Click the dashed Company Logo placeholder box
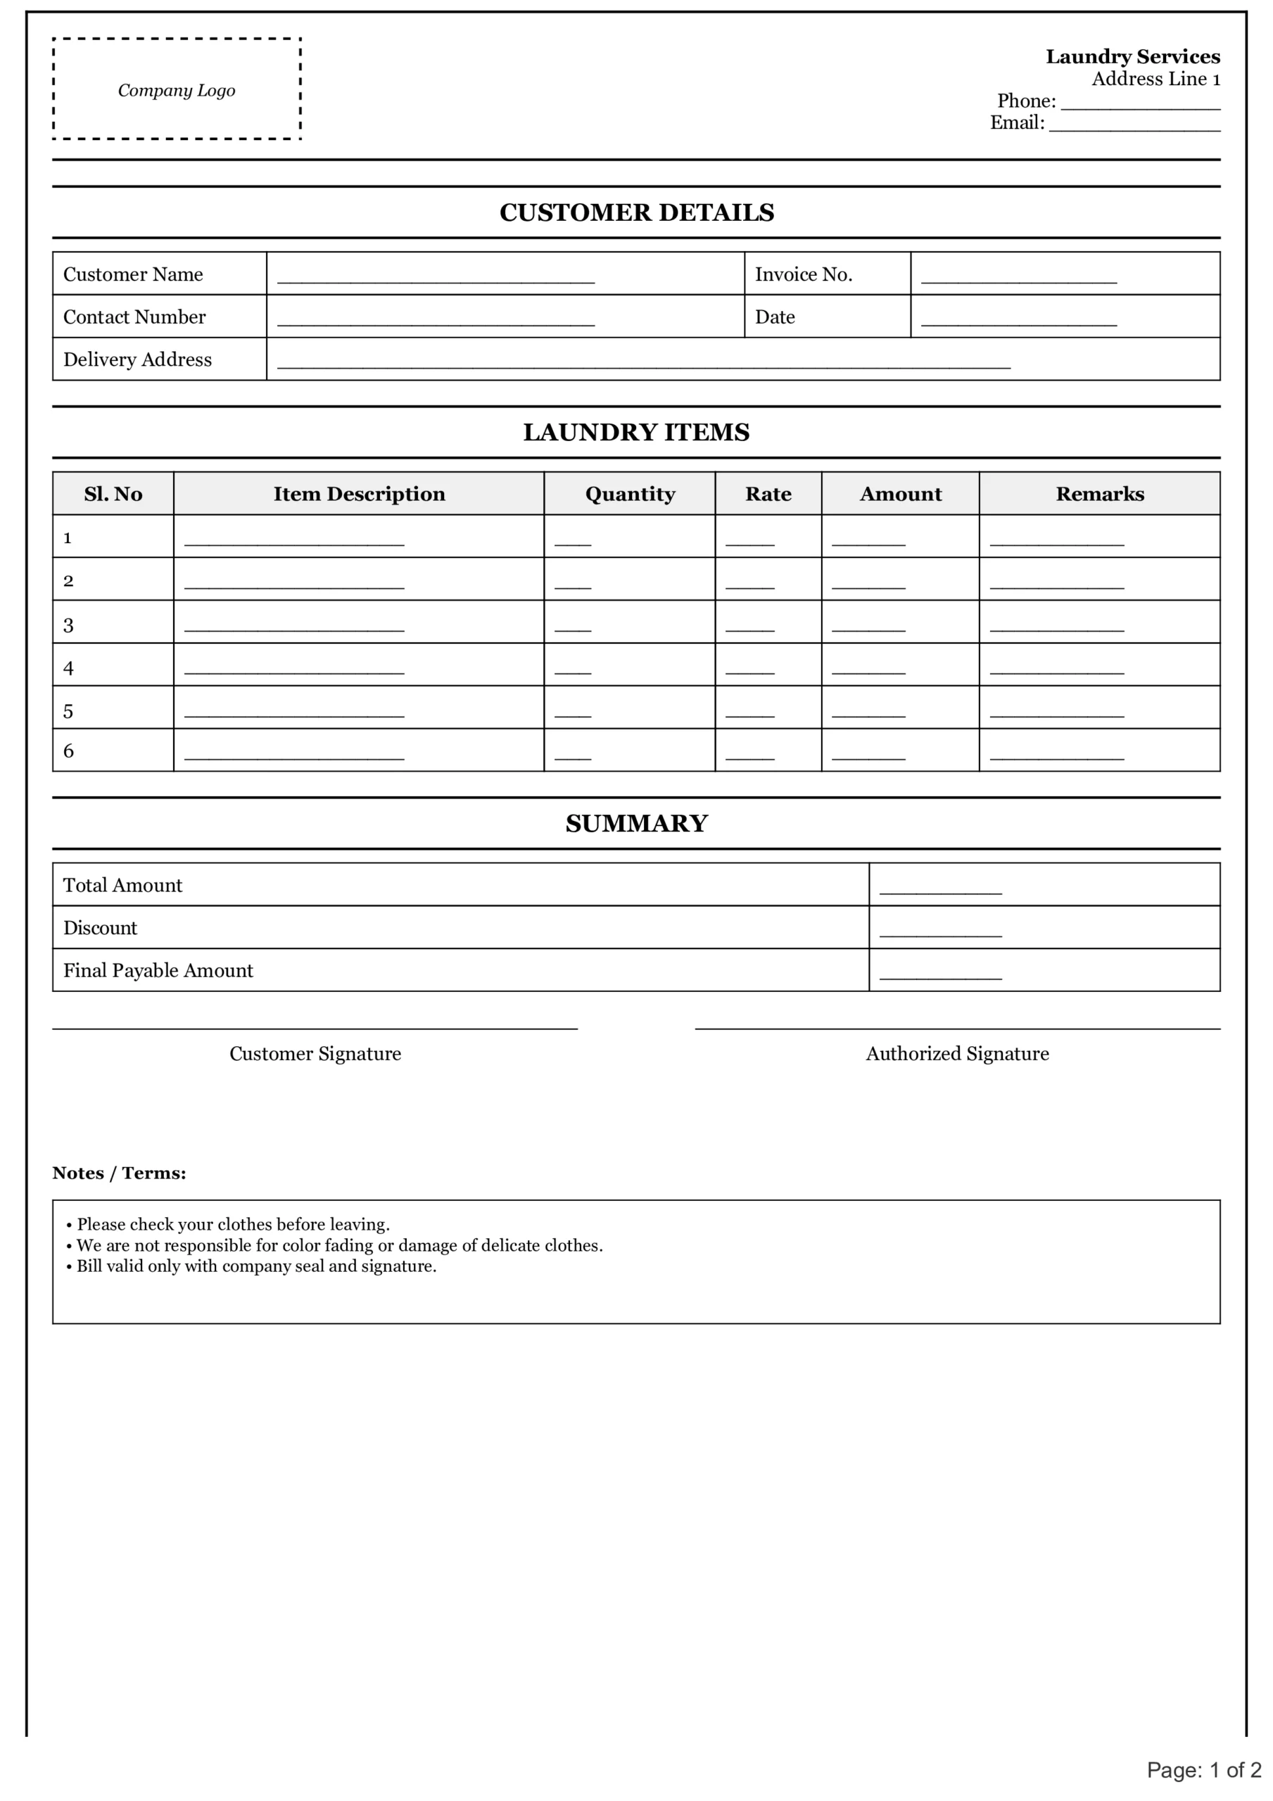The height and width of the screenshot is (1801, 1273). pyautogui.click(x=177, y=89)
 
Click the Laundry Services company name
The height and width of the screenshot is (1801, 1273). pyautogui.click(x=1132, y=56)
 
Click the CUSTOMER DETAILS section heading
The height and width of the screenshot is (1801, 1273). pyautogui.click(x=636, y=212)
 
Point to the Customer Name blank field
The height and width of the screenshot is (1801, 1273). pyautogui.click(x=436, y=279)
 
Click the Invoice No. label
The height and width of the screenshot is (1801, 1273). pyautogui.click(x=803, y=274)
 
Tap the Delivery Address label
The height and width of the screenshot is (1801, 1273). pyautogui.click(x=137, y=359)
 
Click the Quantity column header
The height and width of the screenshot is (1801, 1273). pyautogui.click(x=629, y=493)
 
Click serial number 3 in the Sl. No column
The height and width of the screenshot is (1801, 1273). pyautogui.click(x=68, y=625)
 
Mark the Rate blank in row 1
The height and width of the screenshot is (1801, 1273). pyautogui.click(x=749, y=542)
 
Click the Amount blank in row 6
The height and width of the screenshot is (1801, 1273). pyautogui.click(x=868, y=756)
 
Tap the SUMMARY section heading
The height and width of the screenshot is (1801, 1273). pyautogui.click(x=636, y=824)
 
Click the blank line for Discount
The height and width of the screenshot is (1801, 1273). pyautogui.click(x=940, y=933)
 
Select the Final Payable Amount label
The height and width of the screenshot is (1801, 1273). pyautogui.click(x=158, y=970)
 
